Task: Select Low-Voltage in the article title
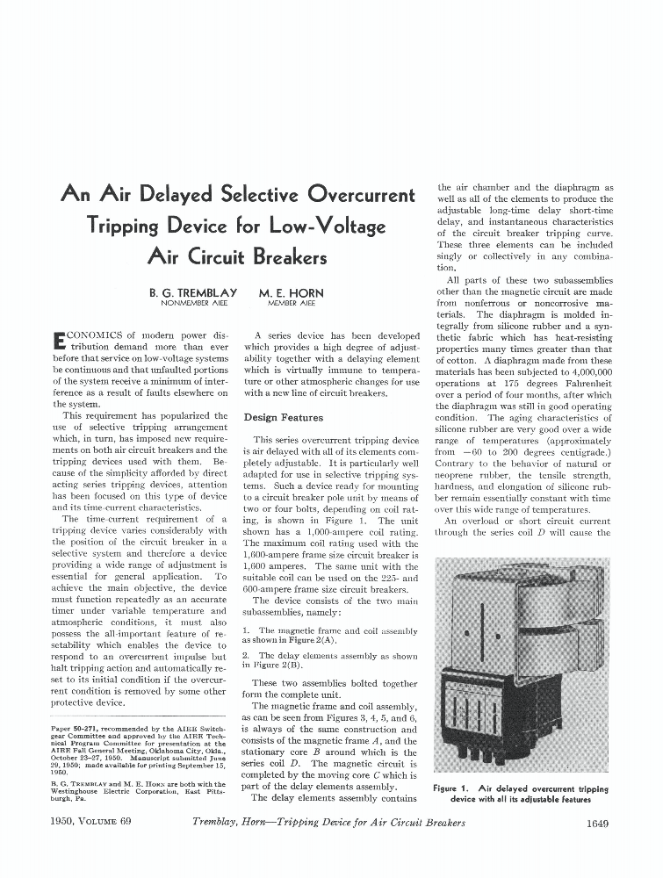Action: [x=328, y=227]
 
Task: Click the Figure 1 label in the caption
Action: [x=455, y=789]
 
